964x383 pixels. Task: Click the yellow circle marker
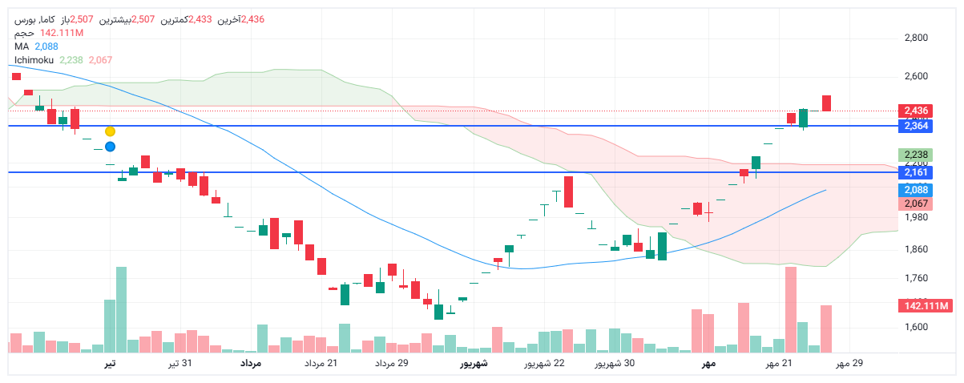pyautogui.click(x=110, y=131)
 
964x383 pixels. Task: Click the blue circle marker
pyautogui.click(x=110, y=147)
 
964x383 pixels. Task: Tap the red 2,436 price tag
pyautogui.click(x=915, y=111)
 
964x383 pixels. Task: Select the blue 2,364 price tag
pyautogui.click(x=915, y=126)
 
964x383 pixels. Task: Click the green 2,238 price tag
pyautogui.click(x=915, y=155)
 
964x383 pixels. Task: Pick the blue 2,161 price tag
pyautogui.click(x=915, y=172)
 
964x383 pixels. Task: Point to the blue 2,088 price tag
pyautogui.click(x=915, y=190)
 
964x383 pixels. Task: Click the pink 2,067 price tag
pyautogui.click(x=915, y=204)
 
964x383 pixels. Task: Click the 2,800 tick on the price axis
pyautogui.click(x=916, y=38)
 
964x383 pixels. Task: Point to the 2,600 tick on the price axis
pyautogui.click(x=916, y=77)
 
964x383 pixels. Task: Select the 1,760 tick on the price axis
pyautogui.click(x=916, y=278)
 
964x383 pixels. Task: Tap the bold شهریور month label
pyautogui.click(x=474, y=364)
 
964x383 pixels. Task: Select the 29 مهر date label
pyautogui.click(x=849, y=364)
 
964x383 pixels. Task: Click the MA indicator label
pyautogui.click(x=22, y=46)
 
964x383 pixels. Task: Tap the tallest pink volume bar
pyautogui.click(x=791, y=309)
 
